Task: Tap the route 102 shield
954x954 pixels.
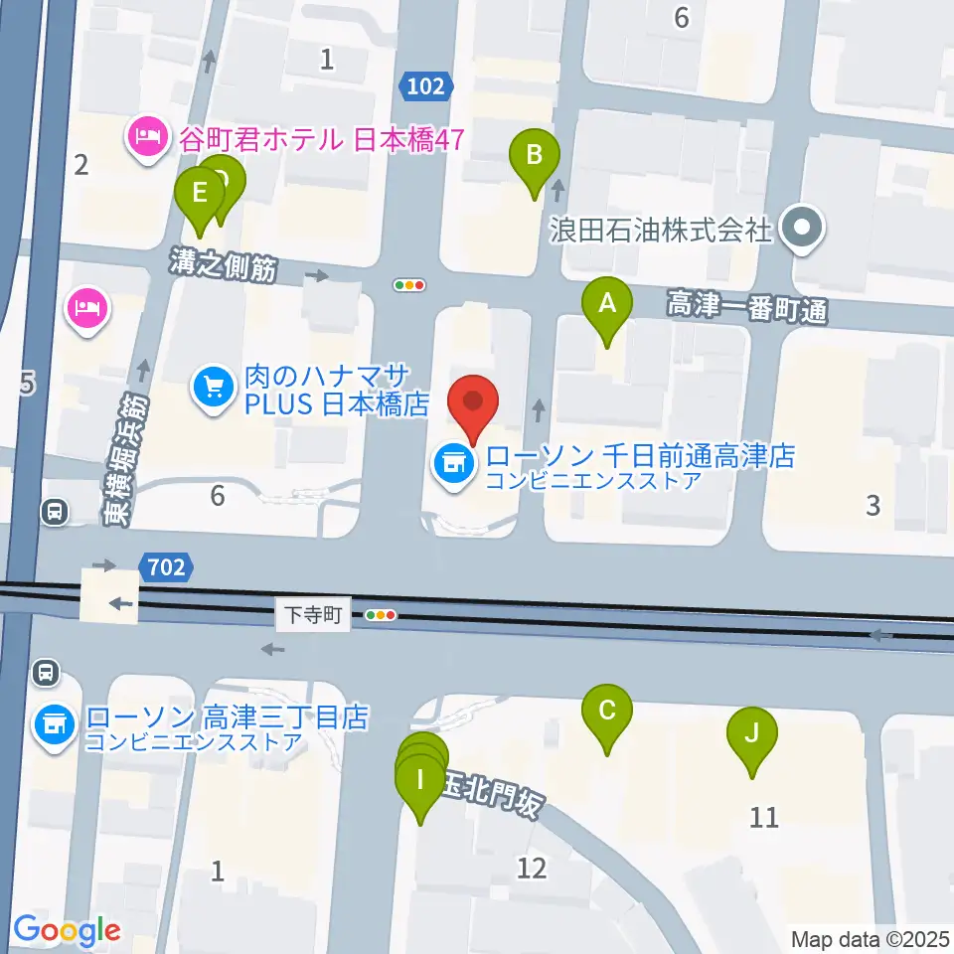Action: point(425,86)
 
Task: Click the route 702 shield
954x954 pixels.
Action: point(165,567)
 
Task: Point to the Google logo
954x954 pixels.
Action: point(67,930)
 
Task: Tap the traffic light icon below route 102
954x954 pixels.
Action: point(409,285)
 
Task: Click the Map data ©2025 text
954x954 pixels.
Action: point(871,938)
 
